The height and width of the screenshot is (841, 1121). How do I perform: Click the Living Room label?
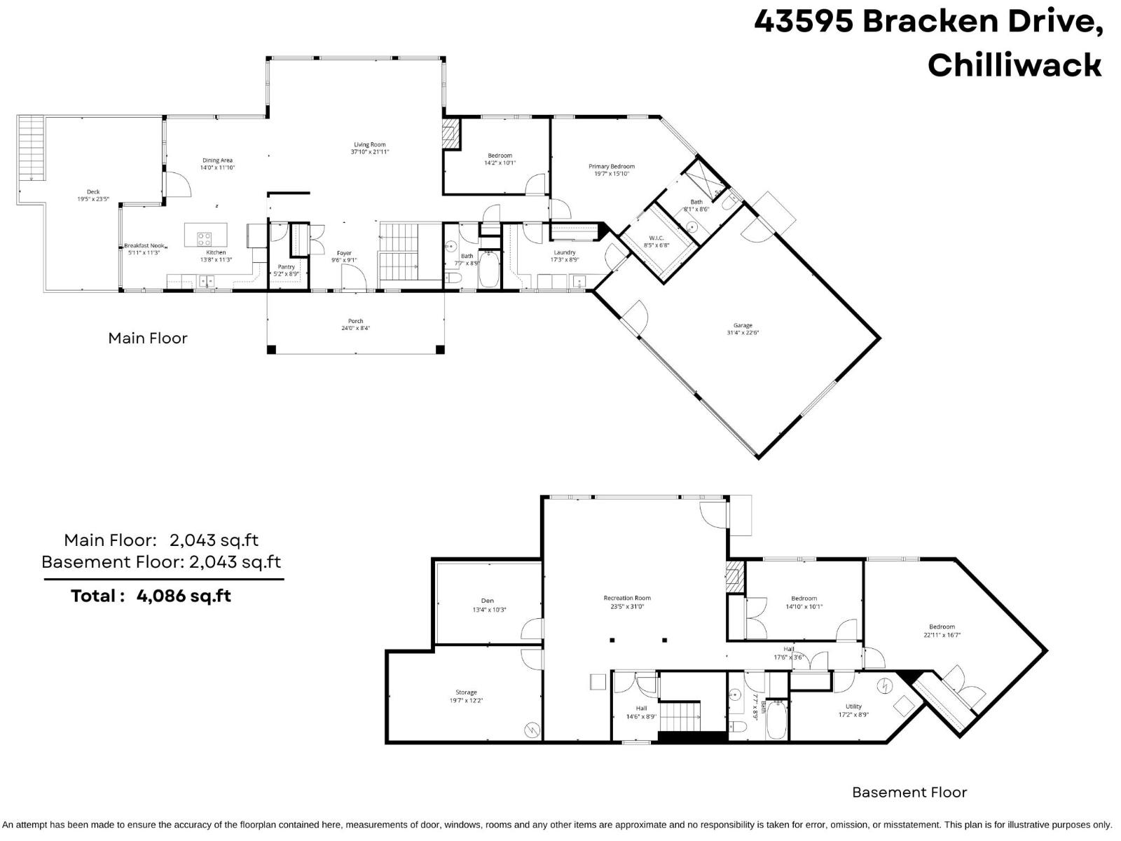coord(369,144)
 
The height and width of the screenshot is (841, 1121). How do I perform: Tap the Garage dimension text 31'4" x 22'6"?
coord(743,333)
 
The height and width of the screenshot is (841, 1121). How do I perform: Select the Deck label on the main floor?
coord(93,191)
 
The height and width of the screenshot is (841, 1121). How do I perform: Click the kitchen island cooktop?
coord(204,238)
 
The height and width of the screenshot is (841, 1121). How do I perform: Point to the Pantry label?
coord(286,266)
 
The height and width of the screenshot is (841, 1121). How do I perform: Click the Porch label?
coord(355,321)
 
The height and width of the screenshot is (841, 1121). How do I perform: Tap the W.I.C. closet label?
coord(656,238)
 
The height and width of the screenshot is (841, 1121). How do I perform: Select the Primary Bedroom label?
coord(611,166)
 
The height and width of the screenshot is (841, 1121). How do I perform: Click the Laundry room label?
coord(564,252)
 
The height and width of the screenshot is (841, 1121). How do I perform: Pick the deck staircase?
coord(32,148)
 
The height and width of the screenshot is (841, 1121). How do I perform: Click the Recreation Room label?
coord(627,598)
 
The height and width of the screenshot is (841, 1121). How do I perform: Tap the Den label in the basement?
coord(488,601)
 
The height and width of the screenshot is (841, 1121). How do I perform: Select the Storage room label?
coord(466,692)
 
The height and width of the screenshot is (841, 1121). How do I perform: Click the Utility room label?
coord(853,706)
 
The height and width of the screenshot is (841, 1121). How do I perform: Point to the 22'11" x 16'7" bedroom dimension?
coord(942,635)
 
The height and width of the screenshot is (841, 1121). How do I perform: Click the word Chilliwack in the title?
coord(1014,65)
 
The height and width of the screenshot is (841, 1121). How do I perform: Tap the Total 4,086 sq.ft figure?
coord(183,596)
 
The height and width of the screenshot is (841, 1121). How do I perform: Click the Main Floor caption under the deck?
coord(148,338)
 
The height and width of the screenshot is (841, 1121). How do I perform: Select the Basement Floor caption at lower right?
coord(909,792)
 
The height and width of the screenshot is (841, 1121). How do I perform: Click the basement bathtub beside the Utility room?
coord(776,721)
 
